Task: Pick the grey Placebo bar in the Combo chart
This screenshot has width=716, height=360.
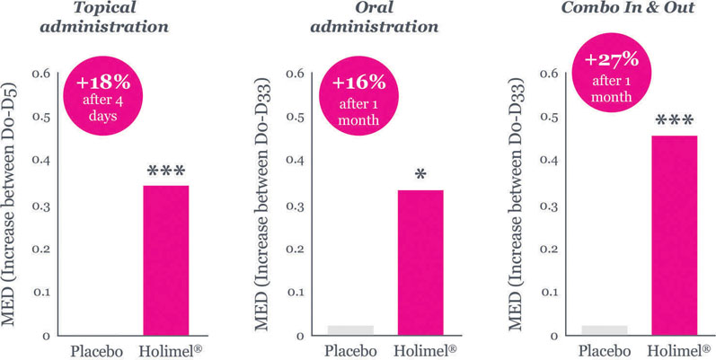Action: point(604,329)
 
